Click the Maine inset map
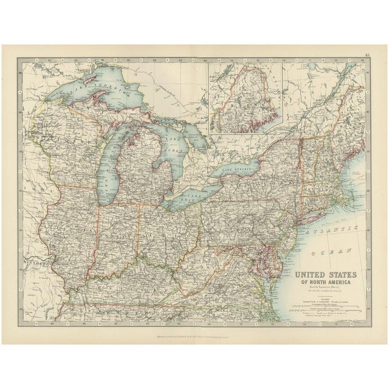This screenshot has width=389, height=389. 247,98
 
